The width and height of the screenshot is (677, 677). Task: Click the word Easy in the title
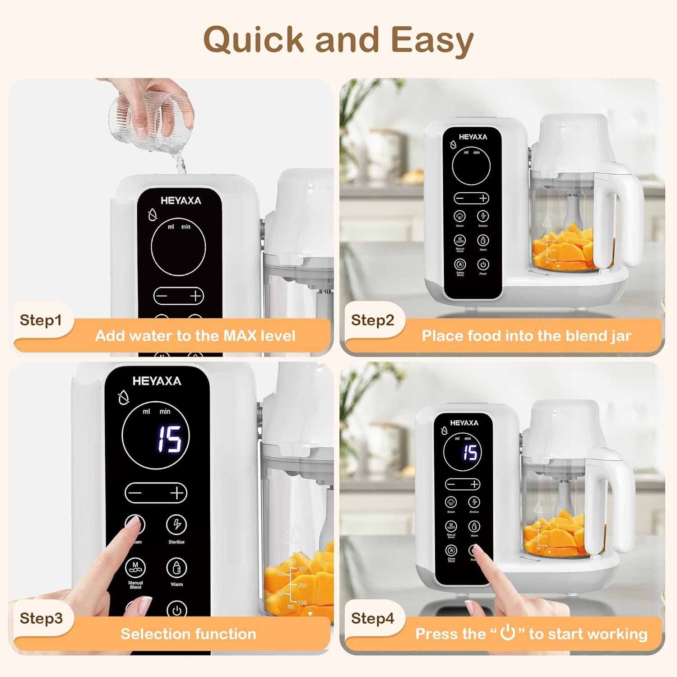click(432, 40)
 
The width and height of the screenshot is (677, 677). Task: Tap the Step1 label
click(41, 320)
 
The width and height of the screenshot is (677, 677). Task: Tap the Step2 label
click(372, 320)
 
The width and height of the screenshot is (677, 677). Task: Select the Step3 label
click(41, 618)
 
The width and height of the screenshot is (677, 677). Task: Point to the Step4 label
click(372, 618)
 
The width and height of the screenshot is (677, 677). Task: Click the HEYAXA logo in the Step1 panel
click(181, 201)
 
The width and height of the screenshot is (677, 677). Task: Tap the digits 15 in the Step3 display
click(169, 439)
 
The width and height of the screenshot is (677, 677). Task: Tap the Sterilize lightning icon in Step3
click(176, 524)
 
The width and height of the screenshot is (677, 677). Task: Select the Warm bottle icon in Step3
click(176, 568)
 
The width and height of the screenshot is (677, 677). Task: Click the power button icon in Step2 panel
click(483, 264)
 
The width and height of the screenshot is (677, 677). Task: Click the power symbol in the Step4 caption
click(508, 632)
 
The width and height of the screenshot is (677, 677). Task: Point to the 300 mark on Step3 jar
click(302, 569)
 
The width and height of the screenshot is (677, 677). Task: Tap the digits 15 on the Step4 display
click(470, 452)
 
